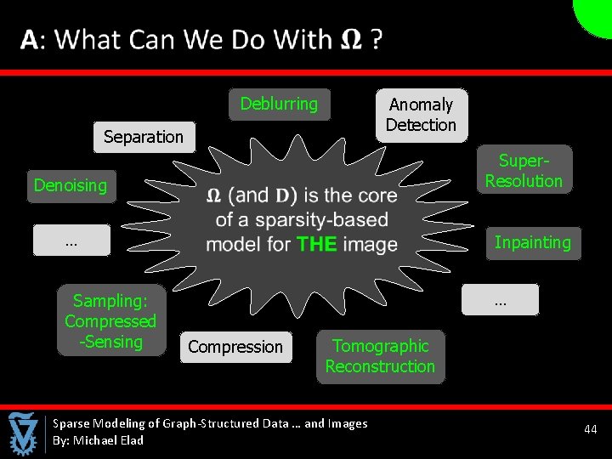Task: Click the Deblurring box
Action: [279, 105]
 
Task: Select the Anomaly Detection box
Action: [422, 115]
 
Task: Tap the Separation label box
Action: [144, 137]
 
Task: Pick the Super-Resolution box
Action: [524, 171]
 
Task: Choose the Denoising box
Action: [71, 185]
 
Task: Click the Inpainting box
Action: [533, 243]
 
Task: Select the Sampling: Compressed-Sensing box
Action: [110, 321]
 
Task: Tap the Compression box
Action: [235, 347]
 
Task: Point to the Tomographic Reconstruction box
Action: [380, 357]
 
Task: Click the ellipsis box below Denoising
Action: [71, 241]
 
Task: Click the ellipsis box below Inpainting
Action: [500, 300]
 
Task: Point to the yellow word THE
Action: [317, 245]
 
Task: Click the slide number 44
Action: [591, 430]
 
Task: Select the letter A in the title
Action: [30, 40]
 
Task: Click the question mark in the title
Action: [376, 40]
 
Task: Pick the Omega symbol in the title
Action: [349, 40]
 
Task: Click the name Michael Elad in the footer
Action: [108, 440]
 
